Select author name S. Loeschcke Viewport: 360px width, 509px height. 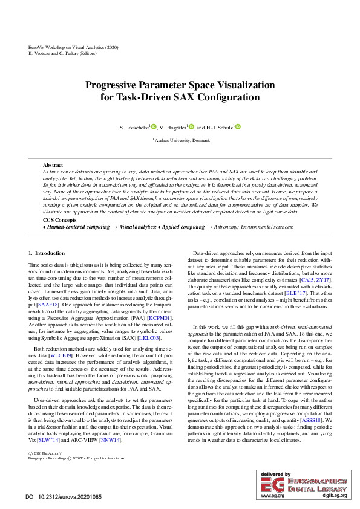pyautogui.click(x=134, y=128)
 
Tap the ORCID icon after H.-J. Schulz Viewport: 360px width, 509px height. pyautogui.click(x=238, y=127)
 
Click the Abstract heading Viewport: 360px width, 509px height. pyautogui.click(x=53, y=165)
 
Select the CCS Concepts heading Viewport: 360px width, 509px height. pyautogui.click(x=59, y=220)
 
